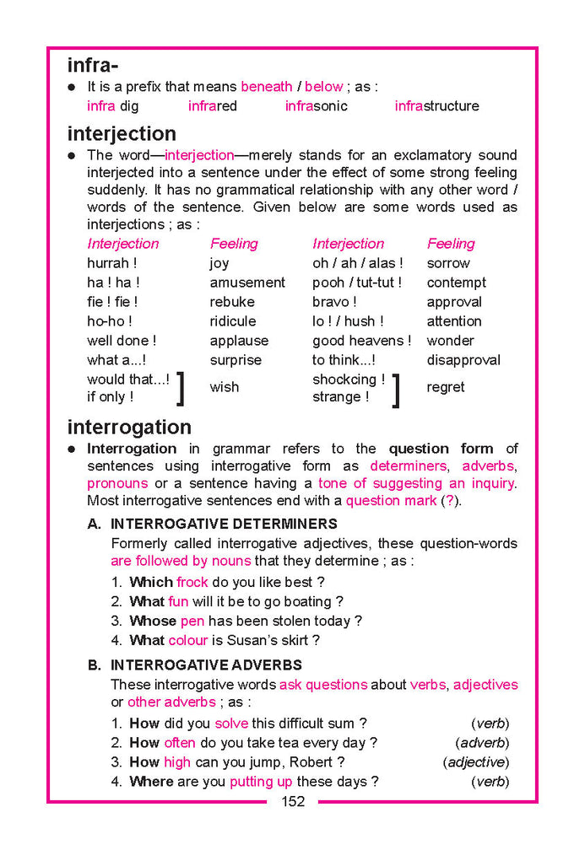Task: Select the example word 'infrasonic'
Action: (316, 106)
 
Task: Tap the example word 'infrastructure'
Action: (436, 106)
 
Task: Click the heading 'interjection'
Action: (122, 133)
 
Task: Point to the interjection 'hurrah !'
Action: (112, 263)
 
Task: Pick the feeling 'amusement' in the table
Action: (247, 282)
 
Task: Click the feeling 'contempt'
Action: (456, 282)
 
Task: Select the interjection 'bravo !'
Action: (334, 302)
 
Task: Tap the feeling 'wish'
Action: (224, 387)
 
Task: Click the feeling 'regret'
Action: (446, 387)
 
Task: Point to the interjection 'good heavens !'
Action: (361, 341)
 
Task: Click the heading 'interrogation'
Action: (129, 427)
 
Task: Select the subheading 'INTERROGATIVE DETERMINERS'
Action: (224, 524)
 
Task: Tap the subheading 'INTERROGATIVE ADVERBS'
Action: (206, 665)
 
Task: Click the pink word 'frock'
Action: (192, 582)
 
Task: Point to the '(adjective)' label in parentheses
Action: (475, 762)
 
